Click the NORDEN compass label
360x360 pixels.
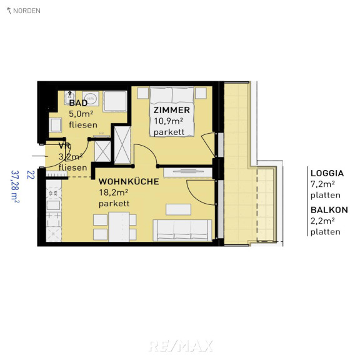[27, 11]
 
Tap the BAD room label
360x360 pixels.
[78, 103]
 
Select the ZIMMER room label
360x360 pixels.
[171, 110]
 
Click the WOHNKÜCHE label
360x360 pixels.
[129, 181]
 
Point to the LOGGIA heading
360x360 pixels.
[327, 173]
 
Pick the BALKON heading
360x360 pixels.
[329, 210]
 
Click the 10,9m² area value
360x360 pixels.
[168, 121]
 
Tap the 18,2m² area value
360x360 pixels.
[113, 192]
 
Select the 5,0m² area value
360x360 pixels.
[81, 114]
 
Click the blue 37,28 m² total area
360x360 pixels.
[15, 186]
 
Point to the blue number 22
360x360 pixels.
[31, 175]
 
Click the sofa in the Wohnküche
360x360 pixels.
[182, 230]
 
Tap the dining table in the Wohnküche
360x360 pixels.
[119, 227]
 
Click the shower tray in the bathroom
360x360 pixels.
[115, 101]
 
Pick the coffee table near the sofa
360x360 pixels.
[178, 209]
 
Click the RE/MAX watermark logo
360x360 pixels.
[181, 346]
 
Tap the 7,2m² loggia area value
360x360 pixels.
[322, 184]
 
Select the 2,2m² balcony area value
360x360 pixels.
[322, 221]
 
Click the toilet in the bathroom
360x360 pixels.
[55, 125]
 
